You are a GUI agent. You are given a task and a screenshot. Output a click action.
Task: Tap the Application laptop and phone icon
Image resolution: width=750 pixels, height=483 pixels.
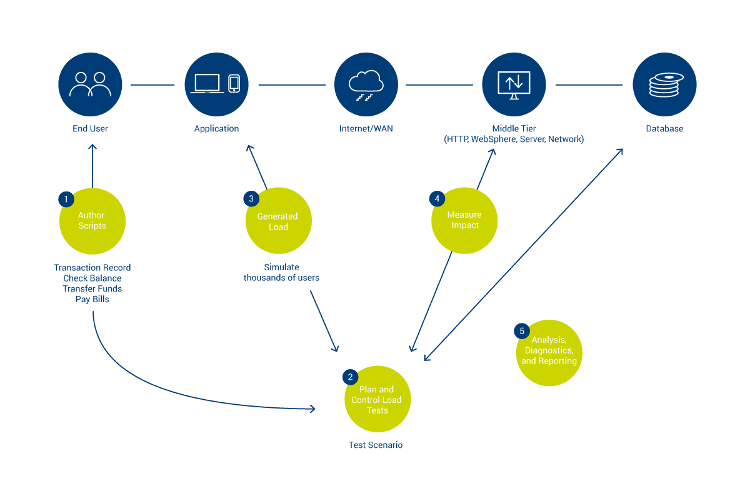click(216, 84)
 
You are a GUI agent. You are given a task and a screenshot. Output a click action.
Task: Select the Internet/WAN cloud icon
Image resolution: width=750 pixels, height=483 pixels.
click(366, 84)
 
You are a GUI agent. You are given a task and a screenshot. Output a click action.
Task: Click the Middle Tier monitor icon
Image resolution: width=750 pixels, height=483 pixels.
click(514, 84)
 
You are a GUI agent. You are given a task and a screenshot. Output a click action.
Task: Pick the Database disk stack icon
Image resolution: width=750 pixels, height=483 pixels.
click(664, 84)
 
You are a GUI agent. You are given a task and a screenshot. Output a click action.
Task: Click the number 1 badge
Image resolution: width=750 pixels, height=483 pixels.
click(66, 200)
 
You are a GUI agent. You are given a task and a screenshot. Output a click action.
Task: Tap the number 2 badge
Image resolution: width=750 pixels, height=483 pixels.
click(350, 377)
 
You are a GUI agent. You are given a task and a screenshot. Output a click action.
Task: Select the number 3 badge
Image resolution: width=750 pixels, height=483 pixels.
click(251, 199)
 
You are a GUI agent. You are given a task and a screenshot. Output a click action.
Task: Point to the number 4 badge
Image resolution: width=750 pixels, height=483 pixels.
click(437, 199)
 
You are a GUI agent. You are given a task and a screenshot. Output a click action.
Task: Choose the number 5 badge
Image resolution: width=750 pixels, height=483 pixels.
click(521, 330)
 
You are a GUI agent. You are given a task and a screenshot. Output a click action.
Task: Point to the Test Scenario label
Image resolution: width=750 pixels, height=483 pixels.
click(376, 445)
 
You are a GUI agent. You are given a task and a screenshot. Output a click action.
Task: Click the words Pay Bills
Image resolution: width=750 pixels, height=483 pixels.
click(92, 300)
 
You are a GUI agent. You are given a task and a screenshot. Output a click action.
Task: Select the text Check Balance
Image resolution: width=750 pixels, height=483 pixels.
click(92, 278)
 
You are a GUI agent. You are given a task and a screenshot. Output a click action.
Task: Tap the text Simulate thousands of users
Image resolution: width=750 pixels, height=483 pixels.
click(281, 273)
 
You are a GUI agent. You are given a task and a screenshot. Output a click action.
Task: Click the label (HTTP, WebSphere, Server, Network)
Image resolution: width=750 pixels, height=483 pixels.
click(514, 140)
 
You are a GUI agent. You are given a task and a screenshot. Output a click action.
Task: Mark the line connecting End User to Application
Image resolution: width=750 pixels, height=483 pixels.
click(152, 84)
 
